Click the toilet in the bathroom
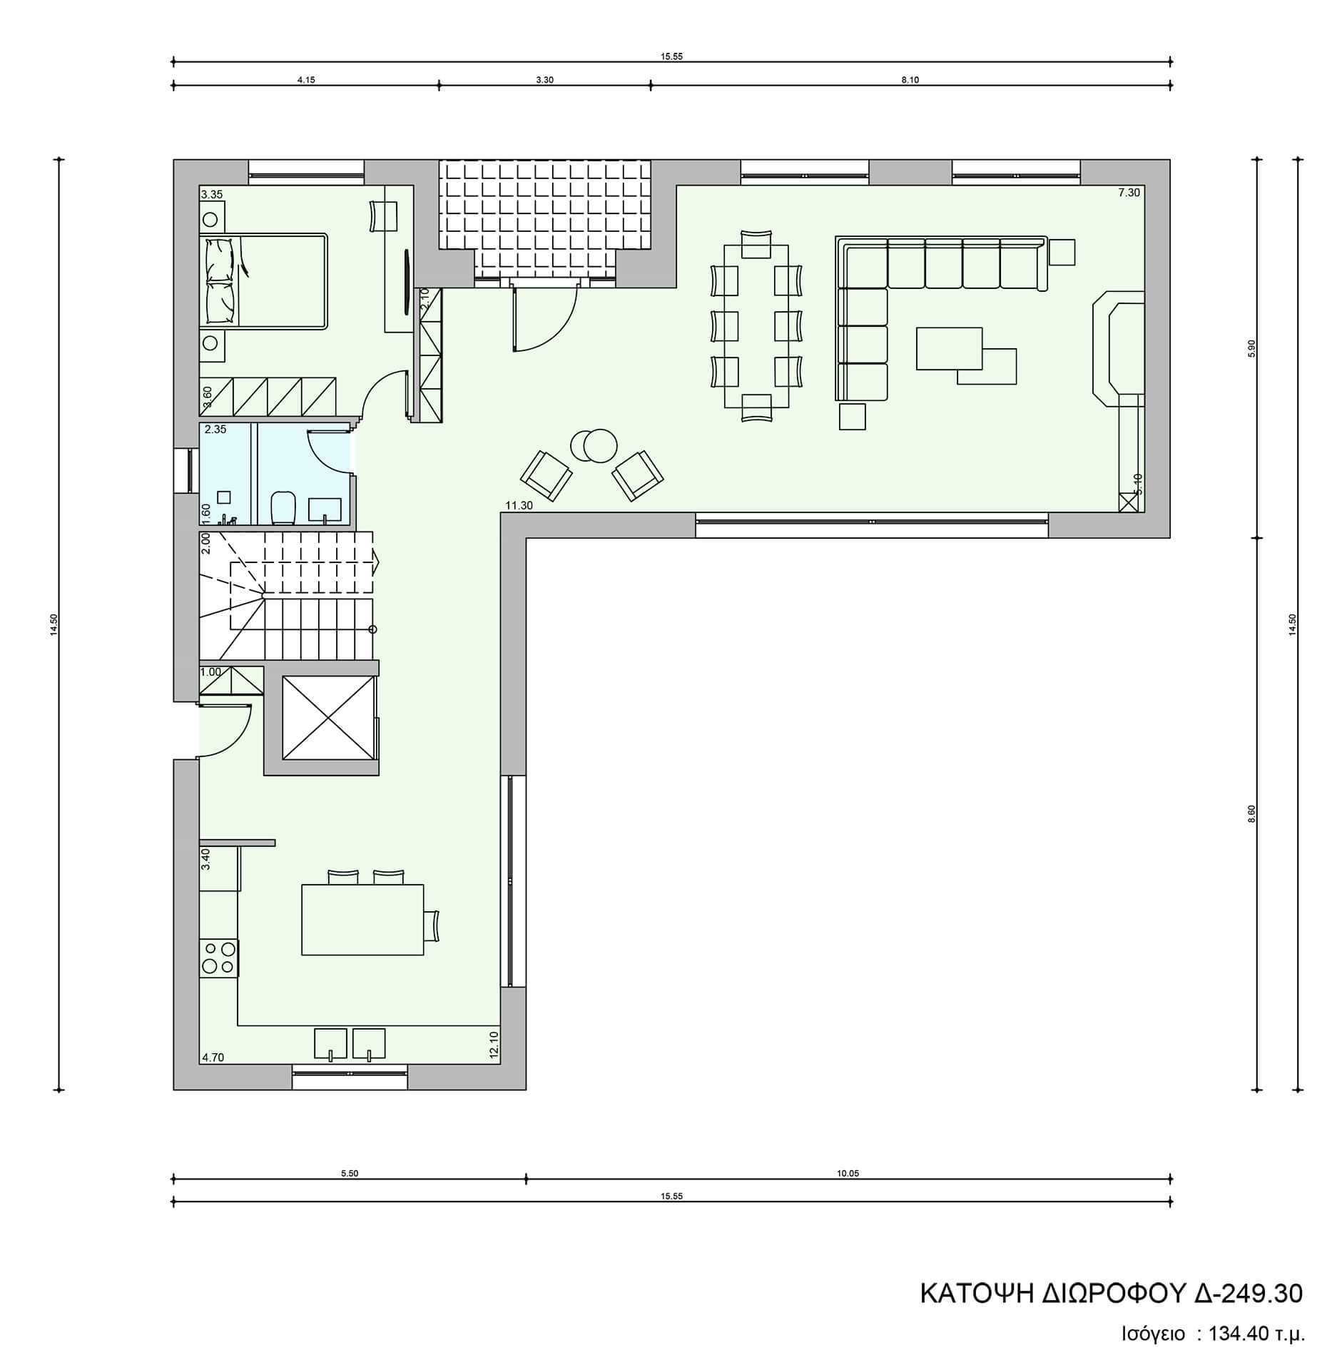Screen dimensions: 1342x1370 [283, 507]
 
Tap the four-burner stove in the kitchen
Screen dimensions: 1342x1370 [218, 958]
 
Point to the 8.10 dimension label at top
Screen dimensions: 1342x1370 [910, 80]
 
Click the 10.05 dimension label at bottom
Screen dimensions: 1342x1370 [848, 1173]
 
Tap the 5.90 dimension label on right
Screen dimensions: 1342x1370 [1251, 348]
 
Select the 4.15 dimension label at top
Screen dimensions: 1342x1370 [306, 80]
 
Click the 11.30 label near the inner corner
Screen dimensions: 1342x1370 [519, 505]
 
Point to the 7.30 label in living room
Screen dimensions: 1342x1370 [1129, 192]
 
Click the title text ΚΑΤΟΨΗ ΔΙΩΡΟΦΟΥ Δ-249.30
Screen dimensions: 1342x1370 [1111, 1293]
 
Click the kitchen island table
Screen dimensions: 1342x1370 [362, 919]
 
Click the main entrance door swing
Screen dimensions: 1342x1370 [544, 316]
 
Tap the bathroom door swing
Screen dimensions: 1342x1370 [328, 450]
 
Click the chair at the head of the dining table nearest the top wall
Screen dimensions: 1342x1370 [756, 243]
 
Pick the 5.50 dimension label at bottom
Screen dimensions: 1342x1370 [350, 1173]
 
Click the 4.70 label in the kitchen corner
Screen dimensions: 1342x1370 [213, 1057]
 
